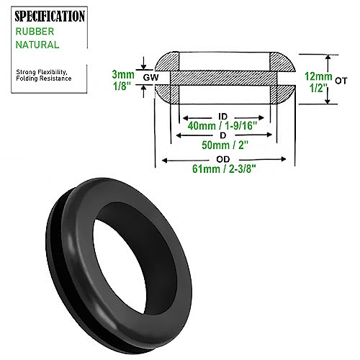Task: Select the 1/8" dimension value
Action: coord(122,84)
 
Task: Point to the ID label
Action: coord(223,115)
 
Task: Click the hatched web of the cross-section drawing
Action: coord(223,78)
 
